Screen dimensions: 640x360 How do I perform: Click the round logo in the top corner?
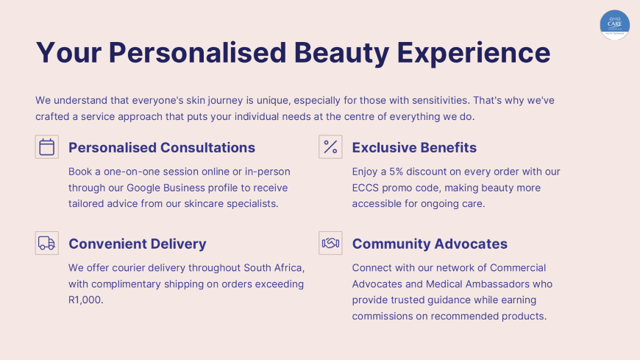coord(615,25)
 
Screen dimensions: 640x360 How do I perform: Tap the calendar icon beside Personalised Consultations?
coord(46,147)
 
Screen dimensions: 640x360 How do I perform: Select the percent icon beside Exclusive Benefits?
coord(330,147)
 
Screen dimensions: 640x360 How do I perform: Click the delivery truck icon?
coord(46,243)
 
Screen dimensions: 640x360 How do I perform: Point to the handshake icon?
coord(330,243)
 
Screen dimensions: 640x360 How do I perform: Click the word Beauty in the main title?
coord(341,53)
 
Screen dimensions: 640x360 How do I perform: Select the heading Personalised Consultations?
coord(162,147)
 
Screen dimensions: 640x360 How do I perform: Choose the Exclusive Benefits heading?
coord(414,147)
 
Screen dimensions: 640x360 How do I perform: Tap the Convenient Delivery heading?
coord(137,244)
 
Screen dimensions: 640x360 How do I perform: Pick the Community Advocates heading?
coord(430,244)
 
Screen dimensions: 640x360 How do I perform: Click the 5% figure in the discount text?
coord(396,172)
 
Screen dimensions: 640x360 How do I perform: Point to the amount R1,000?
coord(85,300)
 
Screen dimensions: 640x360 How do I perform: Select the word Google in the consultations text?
coord(143,188)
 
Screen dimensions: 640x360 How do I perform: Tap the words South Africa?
coord(273,268)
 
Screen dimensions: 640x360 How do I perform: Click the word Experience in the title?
coord(474,53)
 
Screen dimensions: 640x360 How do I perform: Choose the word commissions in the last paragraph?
coord(383,317)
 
